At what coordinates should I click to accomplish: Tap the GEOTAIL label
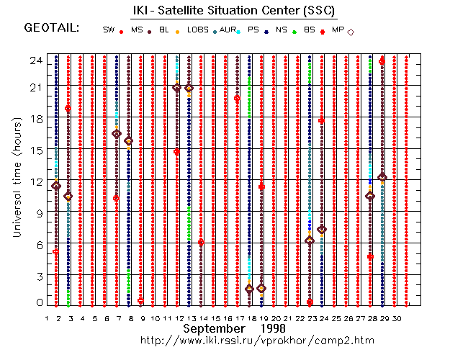(x=51, y=29)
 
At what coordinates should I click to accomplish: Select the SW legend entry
(x=109, y=30)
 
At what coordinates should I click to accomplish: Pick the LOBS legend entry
(x=197, y=30)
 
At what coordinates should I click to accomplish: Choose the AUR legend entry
(x=228, y=30)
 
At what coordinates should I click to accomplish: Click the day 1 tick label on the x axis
(x=47, y=318)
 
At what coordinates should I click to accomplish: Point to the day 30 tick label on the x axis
(x=406, y=318)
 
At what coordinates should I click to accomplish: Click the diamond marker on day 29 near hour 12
(x=382, y=177)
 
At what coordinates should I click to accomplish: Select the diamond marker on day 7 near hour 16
(x=117, y=134)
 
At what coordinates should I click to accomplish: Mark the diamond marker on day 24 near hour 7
(x=322, y=230)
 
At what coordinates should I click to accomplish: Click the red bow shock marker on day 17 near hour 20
(x=237, y=99)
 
